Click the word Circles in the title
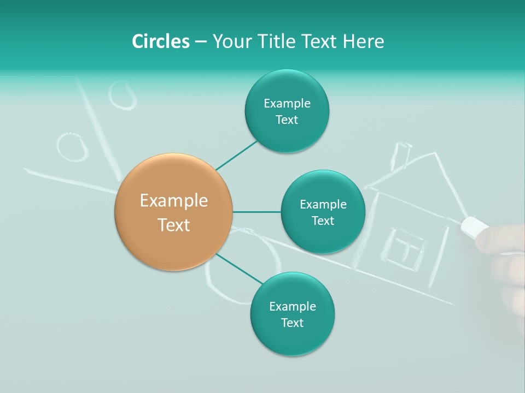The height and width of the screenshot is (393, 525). (160, 41)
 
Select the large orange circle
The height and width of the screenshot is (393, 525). (174, 212)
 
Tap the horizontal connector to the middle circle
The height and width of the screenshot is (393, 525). (257, 212)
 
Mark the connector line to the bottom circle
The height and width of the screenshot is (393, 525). (239, 269)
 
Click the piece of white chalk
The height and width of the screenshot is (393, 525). (474, 226)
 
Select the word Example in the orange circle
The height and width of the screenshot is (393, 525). (174, 201)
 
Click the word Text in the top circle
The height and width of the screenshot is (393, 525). (287, 120)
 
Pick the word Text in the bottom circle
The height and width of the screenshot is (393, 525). (292, 323)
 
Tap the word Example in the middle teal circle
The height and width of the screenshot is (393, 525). (323, 205)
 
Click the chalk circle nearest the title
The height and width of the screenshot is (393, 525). (122, 95)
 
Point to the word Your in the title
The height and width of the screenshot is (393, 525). (229, 41)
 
